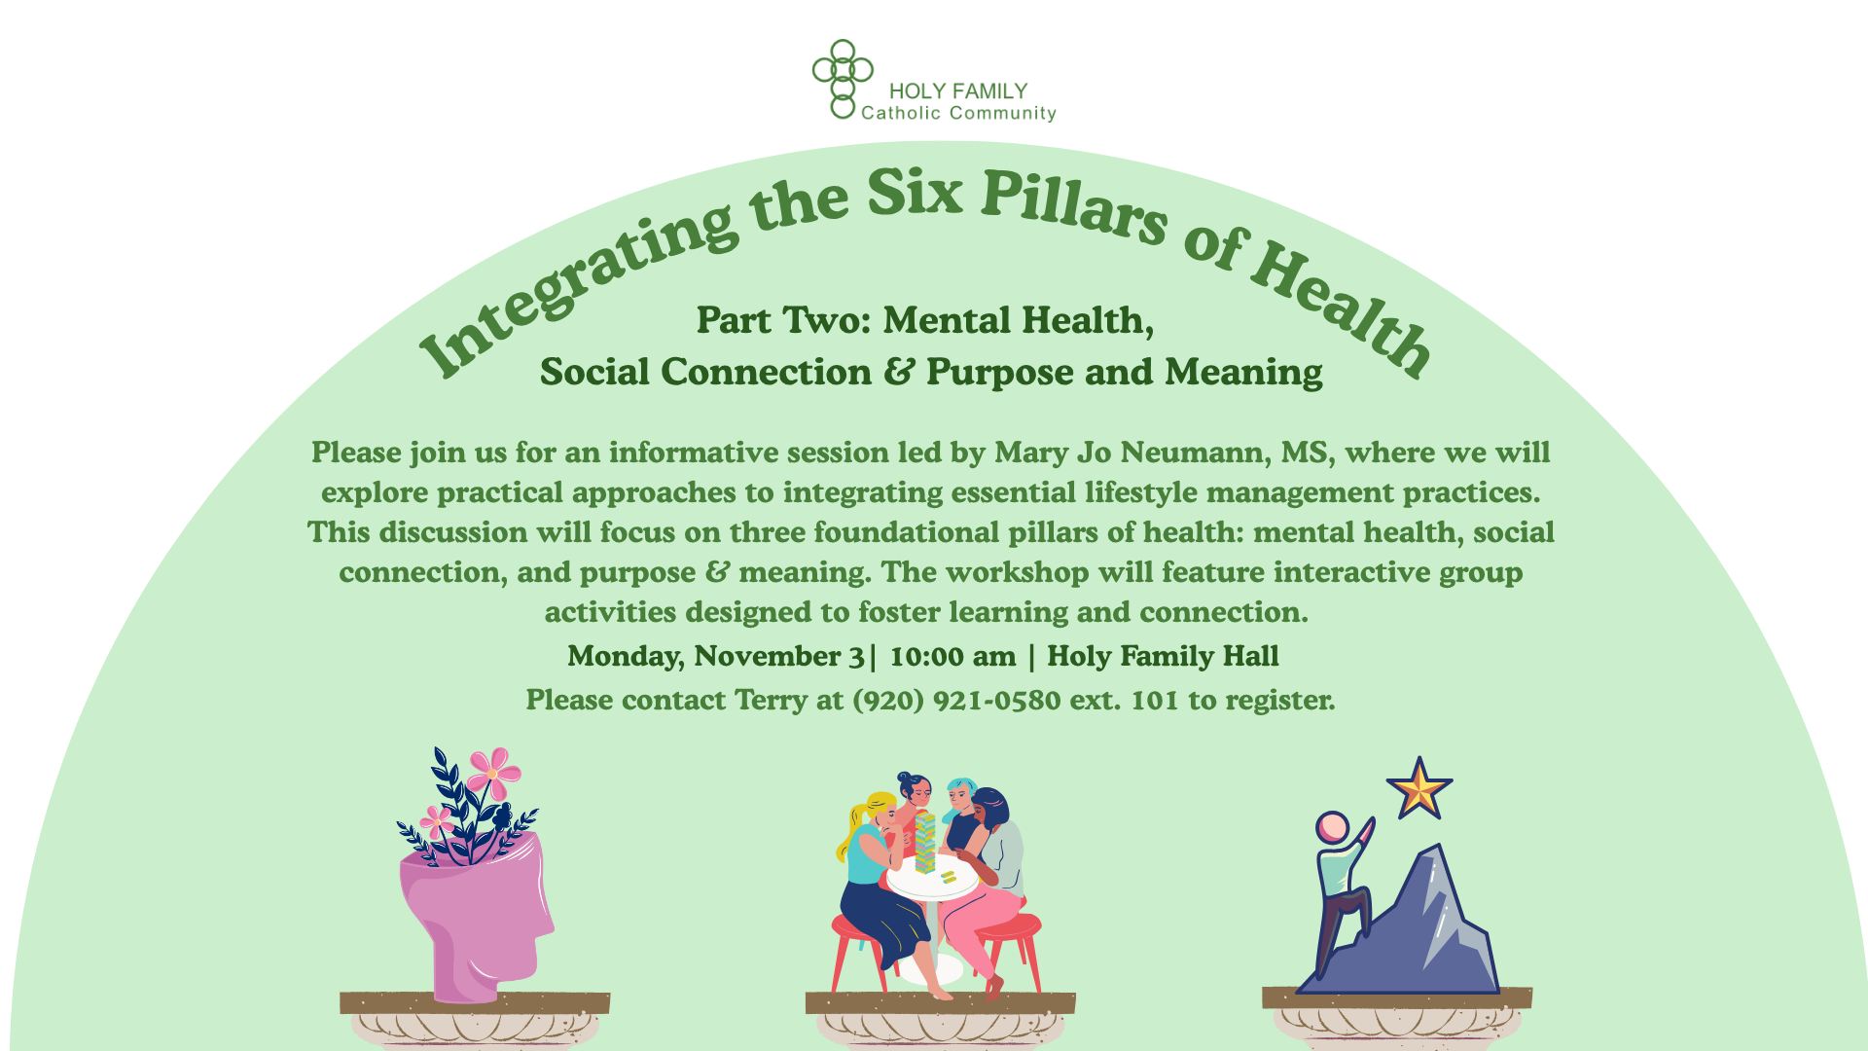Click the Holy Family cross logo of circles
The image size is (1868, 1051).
(x=843, y=79)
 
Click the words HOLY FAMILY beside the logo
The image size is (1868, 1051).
(x=958, y=91)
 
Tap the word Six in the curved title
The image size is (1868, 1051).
(x=915, y=192)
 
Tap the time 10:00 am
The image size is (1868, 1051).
(x=952, y=656)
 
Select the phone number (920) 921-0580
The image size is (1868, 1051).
(x=956, y=700)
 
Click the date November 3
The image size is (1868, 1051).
(x=779, y=657)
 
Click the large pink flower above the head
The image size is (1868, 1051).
(x=494, y=773)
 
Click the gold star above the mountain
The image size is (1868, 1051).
(x=1419, y=789)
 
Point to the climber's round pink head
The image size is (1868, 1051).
(x=1332, y=828)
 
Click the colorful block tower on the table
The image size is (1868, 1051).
(x=924, y=841)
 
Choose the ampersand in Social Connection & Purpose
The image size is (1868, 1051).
(x=900, y=372)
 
